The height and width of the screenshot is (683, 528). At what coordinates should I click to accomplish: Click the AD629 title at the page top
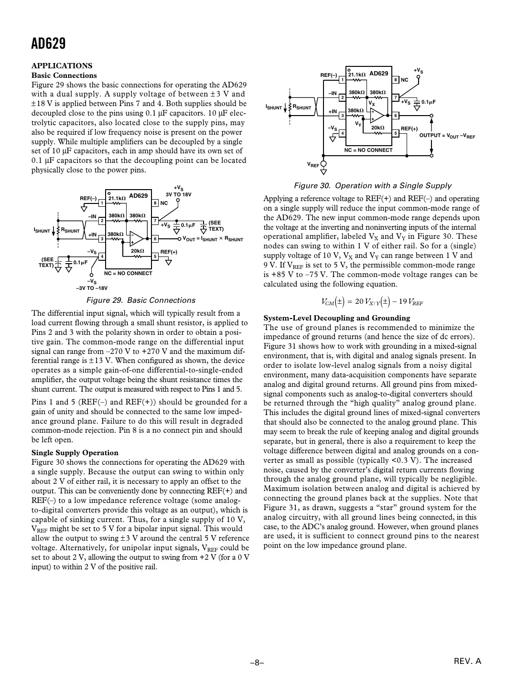click(48, 44)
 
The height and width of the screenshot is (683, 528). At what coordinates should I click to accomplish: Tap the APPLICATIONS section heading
click(62, 66)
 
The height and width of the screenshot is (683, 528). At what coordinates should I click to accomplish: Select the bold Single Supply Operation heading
click(75, 453)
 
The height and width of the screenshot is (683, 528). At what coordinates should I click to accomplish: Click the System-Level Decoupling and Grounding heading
click(337, 318)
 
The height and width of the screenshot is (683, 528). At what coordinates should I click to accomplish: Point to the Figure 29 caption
click(140, 300)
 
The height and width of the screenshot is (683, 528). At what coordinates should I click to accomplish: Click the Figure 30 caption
click(372, 186)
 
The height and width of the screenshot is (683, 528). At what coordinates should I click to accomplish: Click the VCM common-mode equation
click(372, 302)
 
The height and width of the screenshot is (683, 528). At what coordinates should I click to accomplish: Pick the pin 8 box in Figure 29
click(155, 203)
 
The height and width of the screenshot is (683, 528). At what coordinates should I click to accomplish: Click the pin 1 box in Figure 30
click(342, 80)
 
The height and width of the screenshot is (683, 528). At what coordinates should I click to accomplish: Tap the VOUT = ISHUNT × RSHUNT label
click(213, 239)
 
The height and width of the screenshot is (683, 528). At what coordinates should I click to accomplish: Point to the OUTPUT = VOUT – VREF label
click(447, 136)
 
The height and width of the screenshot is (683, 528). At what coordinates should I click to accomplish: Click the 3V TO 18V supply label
click(178, 195)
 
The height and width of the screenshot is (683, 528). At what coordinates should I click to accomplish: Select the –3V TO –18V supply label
click(92, 288)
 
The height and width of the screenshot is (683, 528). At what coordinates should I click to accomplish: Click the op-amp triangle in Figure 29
click(137, 238)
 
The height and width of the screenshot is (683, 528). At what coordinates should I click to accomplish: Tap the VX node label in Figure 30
click(371, 104)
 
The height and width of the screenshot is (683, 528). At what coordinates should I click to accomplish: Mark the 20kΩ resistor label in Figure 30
click(377, 128)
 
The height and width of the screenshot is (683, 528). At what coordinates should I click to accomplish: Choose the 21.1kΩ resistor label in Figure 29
click(117, 198)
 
